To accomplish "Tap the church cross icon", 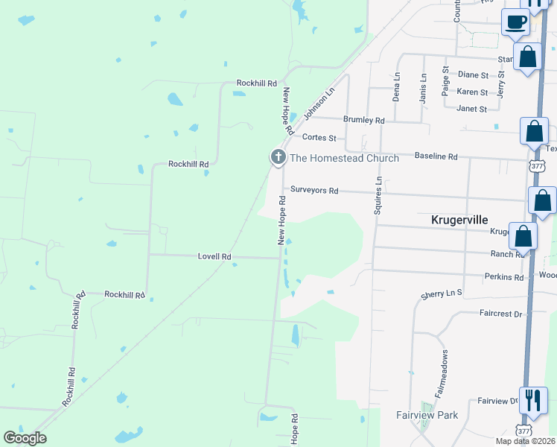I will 278,157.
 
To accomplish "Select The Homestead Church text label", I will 344,158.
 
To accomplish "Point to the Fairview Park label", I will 427,415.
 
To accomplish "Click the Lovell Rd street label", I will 214,256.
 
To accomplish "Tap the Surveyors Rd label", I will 314,191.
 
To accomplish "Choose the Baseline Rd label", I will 436,157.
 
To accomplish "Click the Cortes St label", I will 319,138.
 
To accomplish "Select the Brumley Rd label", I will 363,120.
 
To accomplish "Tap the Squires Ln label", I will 378,195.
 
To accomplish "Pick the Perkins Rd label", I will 503,277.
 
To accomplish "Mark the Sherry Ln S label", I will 442,294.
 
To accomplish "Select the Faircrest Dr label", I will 501,314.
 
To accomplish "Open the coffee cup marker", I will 515,22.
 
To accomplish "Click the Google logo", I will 25,438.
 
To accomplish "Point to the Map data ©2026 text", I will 525,441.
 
